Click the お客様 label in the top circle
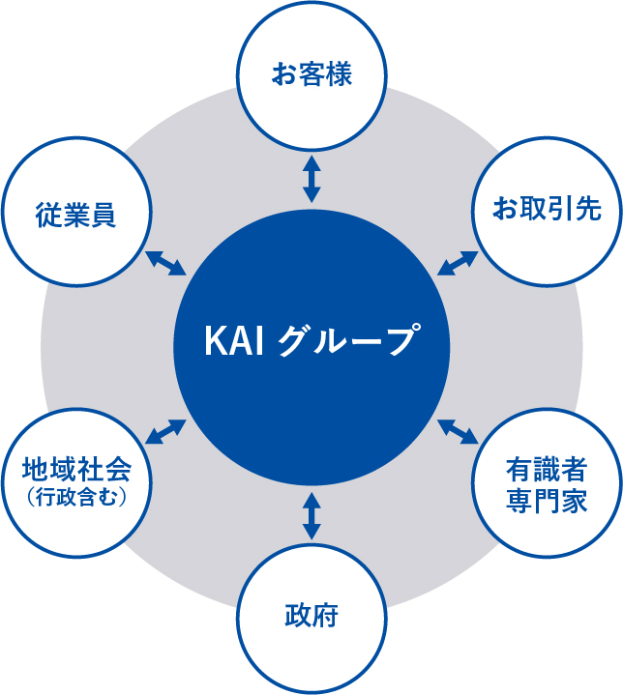tap(311, 73)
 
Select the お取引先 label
tap(547, 209)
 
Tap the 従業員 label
tap(75, 215)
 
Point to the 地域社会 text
tap(76, 470)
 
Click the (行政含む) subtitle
tap(76, 497)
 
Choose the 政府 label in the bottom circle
tap(311, 615)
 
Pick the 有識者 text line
tap(547, 470)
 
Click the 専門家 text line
tap(547, 501)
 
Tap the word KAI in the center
tap(234, 341)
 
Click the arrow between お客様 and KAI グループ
tap(311, 179)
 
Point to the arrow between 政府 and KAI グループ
tap(311, 517)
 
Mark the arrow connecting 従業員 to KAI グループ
tap(165, 263)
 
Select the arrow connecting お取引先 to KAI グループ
tap(458, 263)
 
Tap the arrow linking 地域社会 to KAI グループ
tap(165, 431)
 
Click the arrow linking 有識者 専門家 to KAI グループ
tap(458, 431)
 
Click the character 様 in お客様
tap(340, 73)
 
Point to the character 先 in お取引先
tap(588, 209)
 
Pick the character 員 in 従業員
tap(104, 215)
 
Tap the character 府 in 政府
tap(326, 615)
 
